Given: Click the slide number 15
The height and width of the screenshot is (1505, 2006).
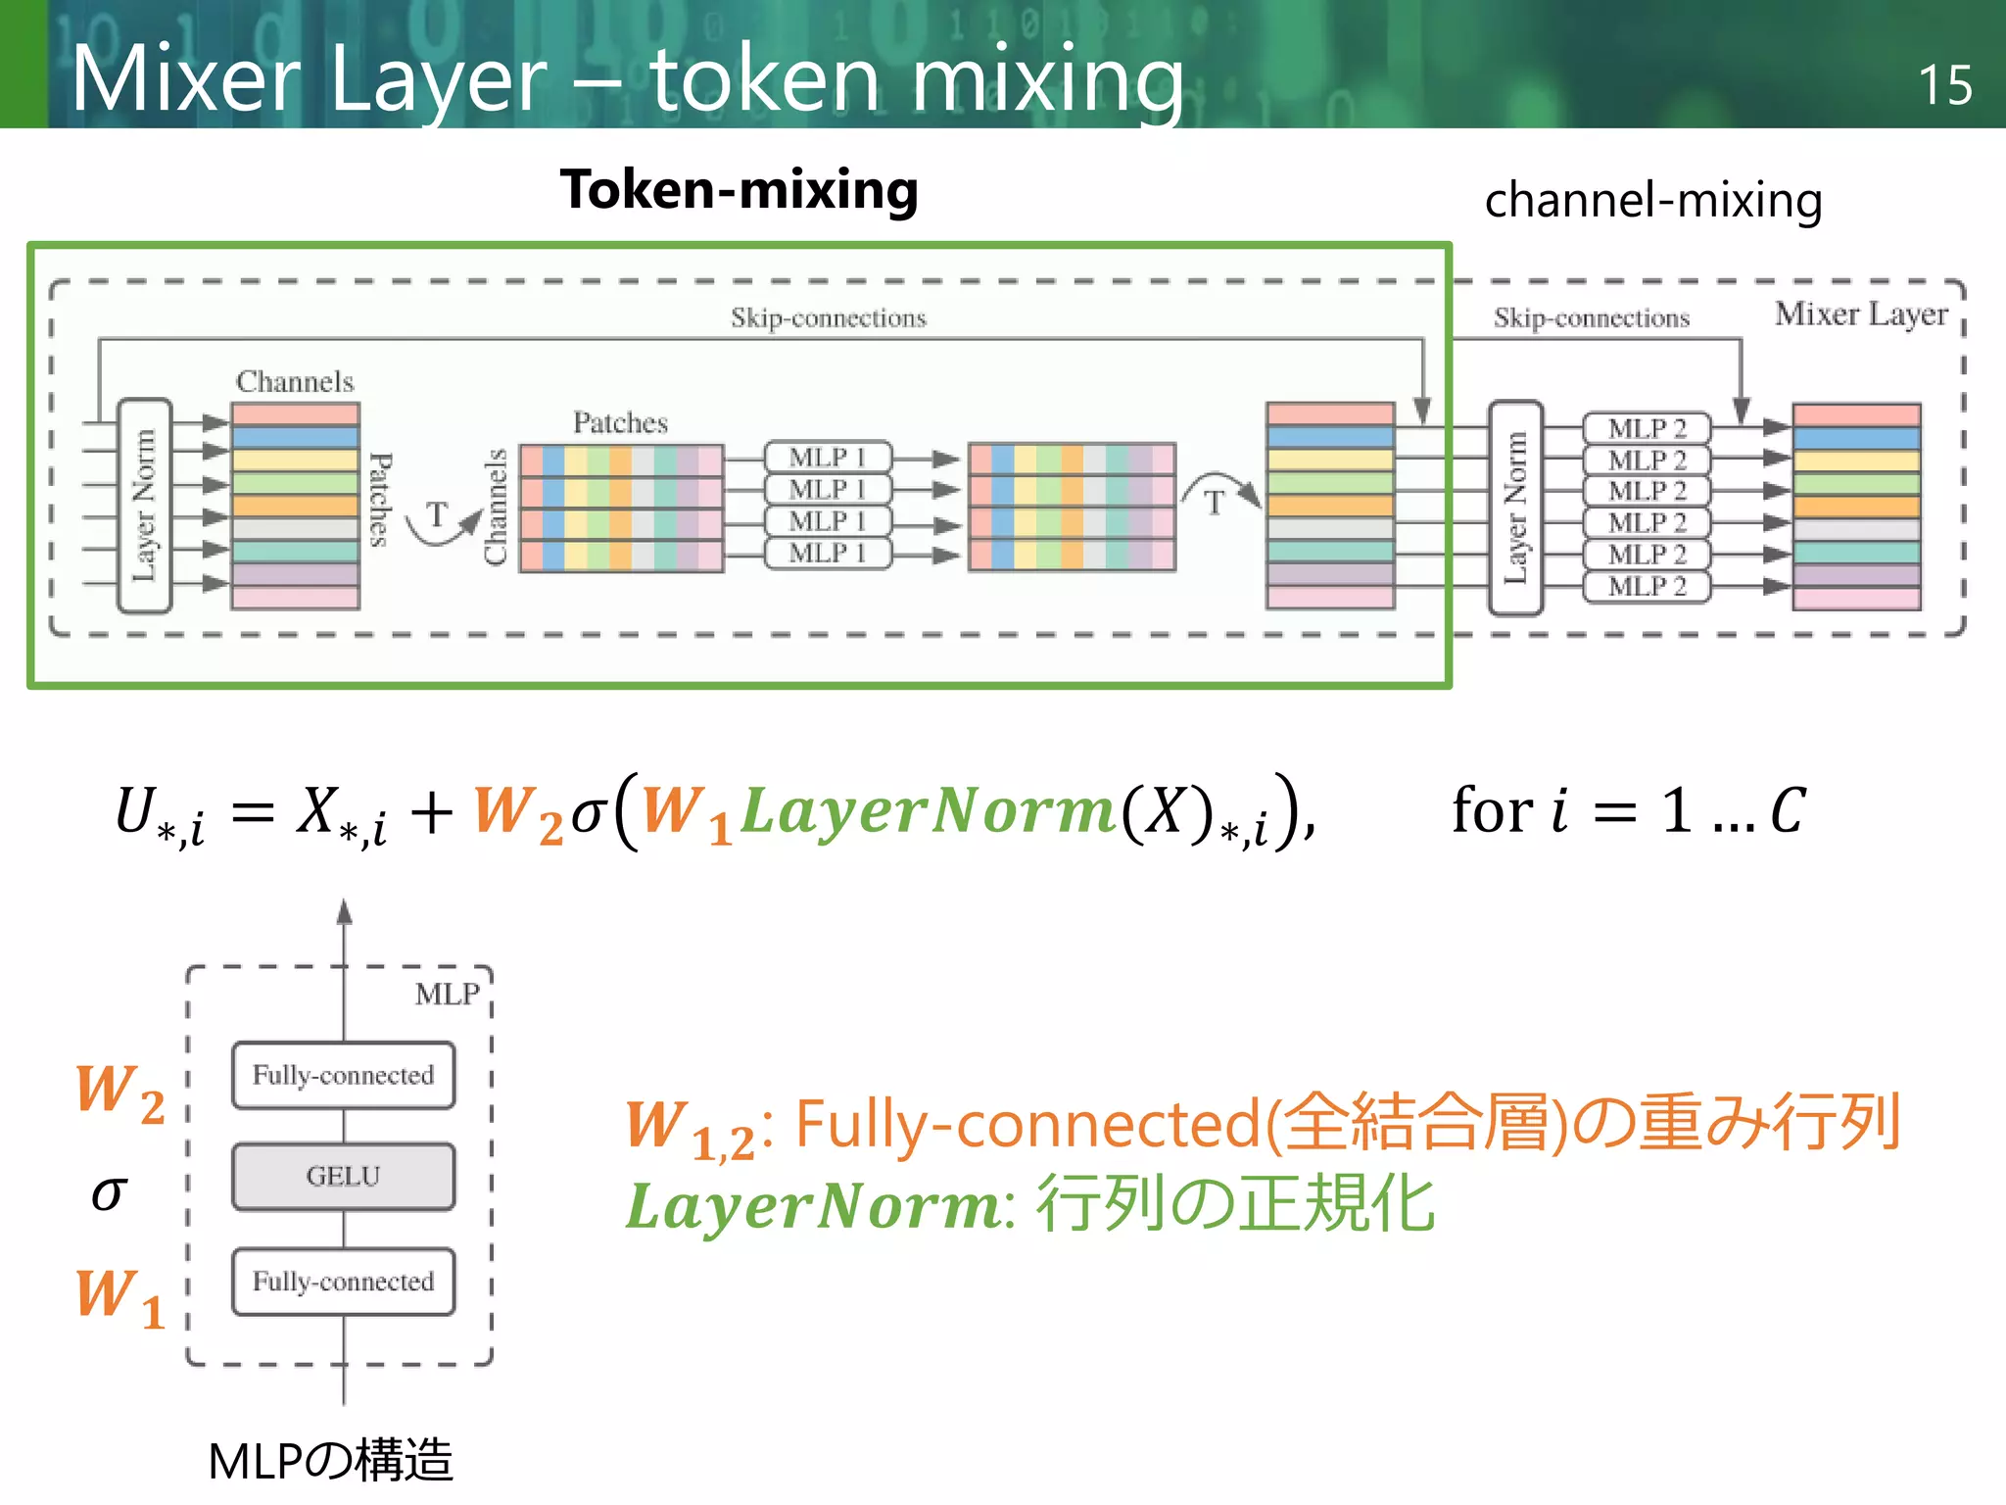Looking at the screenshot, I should click(1943, 85).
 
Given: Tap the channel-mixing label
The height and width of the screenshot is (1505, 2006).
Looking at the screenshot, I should click(1652, 200).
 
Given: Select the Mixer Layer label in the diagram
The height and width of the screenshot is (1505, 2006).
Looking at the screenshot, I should click(1860, 315).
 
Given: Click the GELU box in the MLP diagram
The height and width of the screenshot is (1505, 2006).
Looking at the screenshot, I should click(343, 1176).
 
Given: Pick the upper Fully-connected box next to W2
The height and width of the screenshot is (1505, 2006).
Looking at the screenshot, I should click(343, 1075).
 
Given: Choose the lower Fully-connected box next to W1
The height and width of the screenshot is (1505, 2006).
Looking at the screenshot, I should click(343, 1281).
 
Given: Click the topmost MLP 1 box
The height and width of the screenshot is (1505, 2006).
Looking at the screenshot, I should click(828, 457).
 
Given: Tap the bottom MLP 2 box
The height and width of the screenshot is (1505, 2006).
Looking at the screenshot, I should click(1647, 587).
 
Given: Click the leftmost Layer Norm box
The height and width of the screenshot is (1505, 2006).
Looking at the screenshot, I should click(144, 506).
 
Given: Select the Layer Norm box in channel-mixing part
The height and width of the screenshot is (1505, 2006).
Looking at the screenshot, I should click(1515, 508).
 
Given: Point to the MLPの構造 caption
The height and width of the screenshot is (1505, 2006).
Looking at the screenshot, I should click(330, 1460).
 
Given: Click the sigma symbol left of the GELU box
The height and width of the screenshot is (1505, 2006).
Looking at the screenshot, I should click(109, 1192).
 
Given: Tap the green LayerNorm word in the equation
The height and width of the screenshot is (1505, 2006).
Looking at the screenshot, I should click(927, 811).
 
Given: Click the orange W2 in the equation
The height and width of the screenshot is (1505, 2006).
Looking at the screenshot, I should click(518, 813).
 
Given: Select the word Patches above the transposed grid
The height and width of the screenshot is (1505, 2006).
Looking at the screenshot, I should click(620, 422).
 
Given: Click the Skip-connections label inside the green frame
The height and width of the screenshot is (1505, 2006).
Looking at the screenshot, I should click(828, 317).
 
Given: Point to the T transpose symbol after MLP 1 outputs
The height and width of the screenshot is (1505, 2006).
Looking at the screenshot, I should click(1215, 502).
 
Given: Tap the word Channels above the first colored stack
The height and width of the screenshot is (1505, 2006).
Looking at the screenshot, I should click(295, 381).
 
